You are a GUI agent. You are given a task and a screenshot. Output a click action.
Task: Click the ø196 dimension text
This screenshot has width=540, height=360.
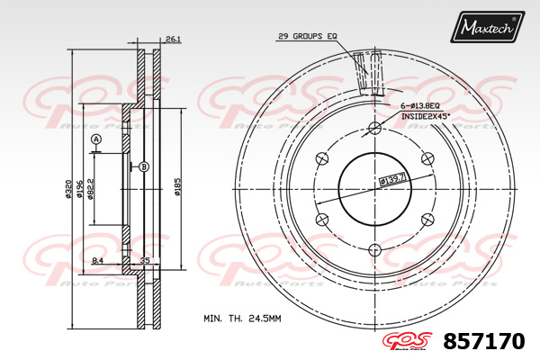[80, 187]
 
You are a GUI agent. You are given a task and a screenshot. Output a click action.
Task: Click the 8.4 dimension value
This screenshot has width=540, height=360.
[97, 261]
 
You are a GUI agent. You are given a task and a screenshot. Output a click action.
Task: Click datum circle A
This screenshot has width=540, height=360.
[95, 139]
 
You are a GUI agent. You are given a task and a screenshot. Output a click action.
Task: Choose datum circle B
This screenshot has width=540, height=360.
[143, 166]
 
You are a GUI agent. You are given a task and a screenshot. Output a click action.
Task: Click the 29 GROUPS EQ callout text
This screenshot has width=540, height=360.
[307, 36]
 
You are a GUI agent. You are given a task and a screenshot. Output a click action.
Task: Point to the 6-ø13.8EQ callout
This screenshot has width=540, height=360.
[422, 106]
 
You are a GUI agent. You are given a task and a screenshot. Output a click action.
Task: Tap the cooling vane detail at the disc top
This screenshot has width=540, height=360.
[368, 73]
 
